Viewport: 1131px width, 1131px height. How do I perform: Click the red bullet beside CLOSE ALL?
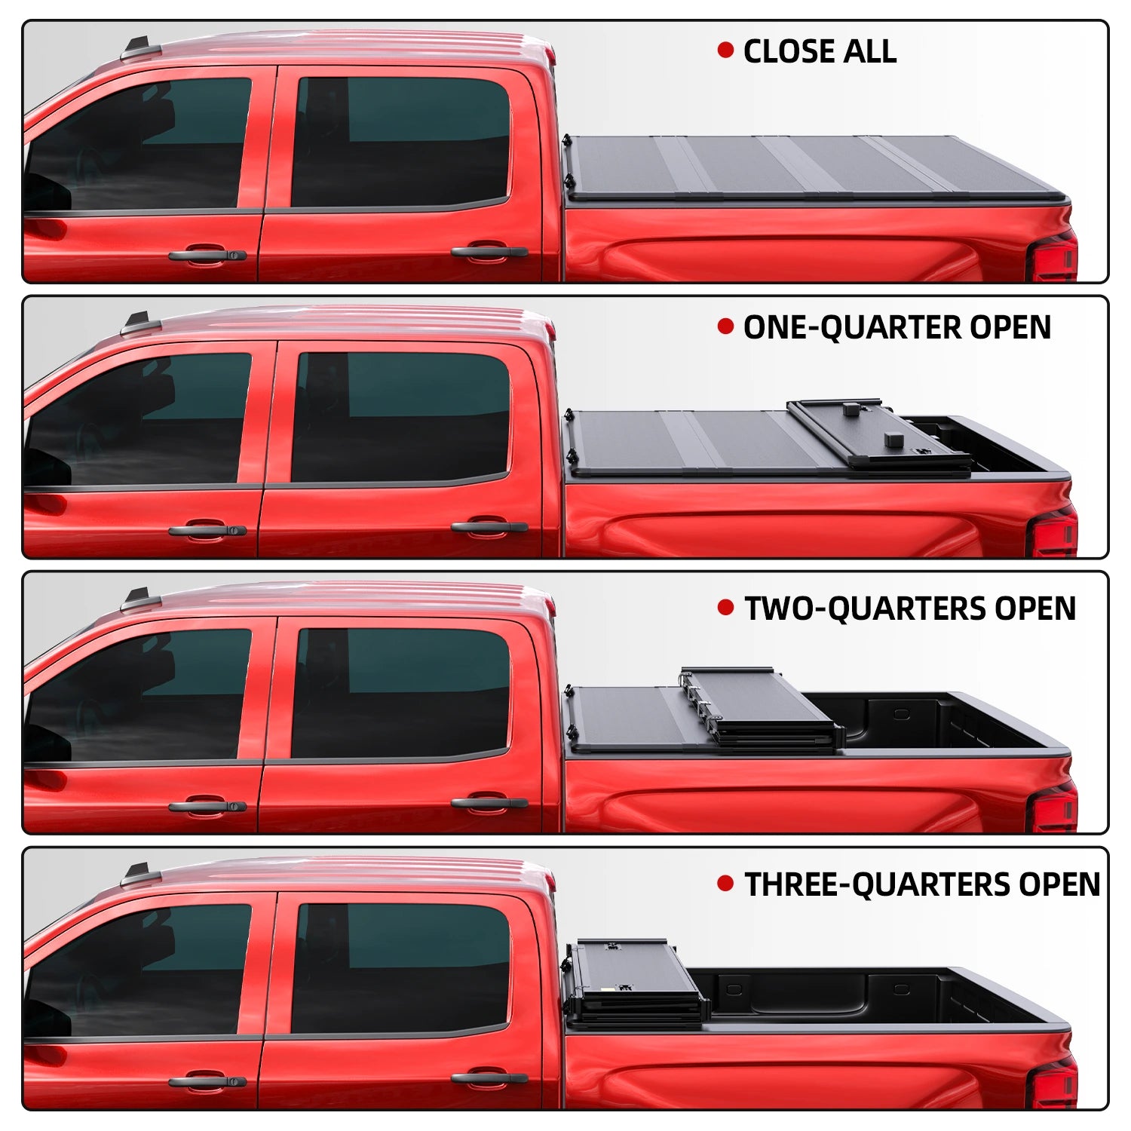point(725,51)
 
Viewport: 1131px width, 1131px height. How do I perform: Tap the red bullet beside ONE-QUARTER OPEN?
point(725,326)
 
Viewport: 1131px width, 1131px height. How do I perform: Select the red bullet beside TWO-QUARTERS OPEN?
point(725,608)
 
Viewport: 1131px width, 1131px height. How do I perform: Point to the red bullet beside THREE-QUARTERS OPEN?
point(725,884)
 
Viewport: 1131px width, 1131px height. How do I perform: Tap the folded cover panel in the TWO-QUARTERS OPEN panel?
point(762,709)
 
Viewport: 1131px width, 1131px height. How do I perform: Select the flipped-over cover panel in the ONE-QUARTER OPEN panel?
point(878,436)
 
